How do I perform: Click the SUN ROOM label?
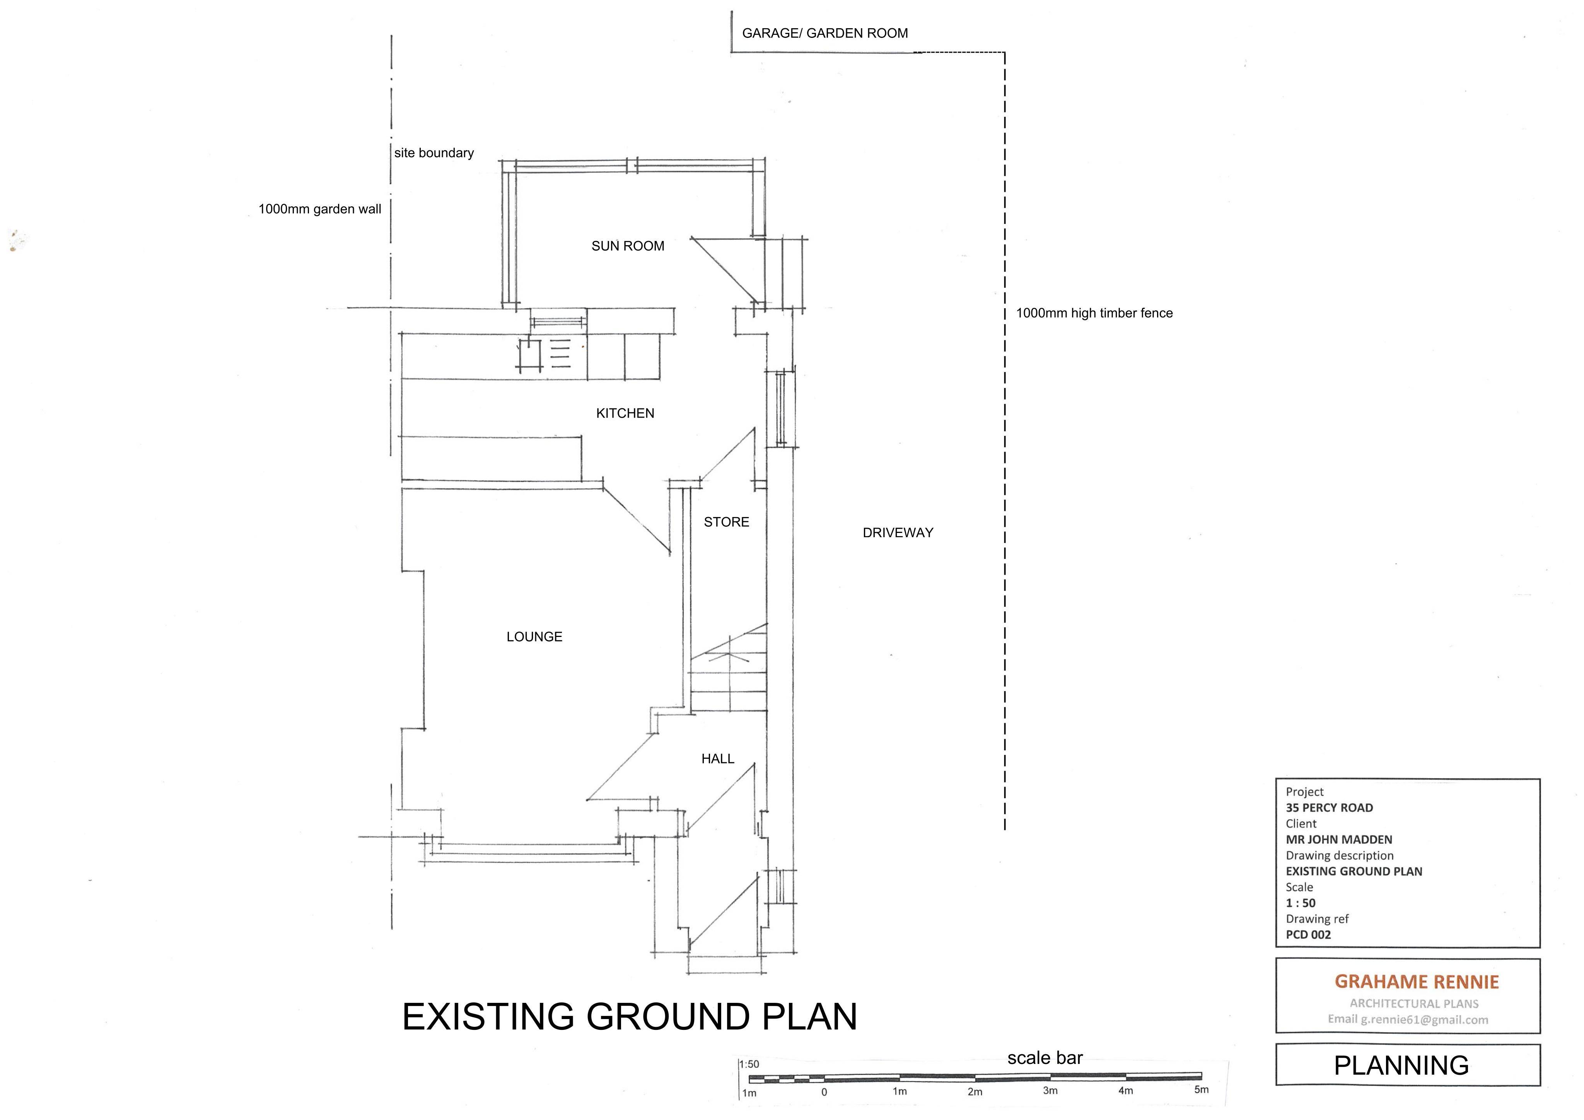tap(628, 246)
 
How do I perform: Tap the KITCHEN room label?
tap(625, 413)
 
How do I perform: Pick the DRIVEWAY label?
tap(898, 533)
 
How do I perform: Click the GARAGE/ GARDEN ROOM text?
tap(825, 33)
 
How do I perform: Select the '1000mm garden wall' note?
tap(319, 209)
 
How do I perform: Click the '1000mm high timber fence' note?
tap(1094, 313)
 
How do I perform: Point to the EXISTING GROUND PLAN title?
tap(629, 1016)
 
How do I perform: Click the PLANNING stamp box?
tap(1408, 1065)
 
